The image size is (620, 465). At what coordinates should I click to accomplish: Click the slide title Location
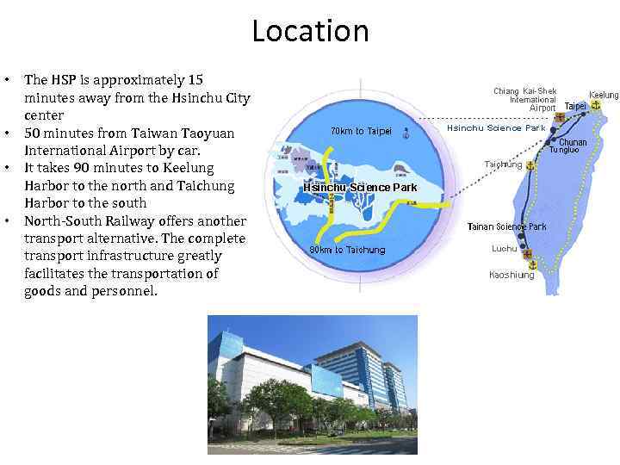[310, 32]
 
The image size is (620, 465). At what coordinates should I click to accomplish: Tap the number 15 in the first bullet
[195, 79]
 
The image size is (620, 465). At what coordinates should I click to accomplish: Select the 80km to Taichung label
[347, 250]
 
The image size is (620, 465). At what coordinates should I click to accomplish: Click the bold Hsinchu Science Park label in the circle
[360, 188]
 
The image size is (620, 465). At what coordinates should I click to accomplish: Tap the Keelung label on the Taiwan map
[604, 94]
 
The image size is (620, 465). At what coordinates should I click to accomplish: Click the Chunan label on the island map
[573, 142]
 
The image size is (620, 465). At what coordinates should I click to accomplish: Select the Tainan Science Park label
[506, 227]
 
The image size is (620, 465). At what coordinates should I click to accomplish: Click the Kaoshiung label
[512, 276]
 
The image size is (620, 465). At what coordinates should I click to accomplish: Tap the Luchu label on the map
[504, 249]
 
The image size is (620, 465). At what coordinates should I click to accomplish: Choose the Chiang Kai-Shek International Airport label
[524, 100]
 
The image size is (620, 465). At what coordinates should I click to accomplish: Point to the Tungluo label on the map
[565, 151]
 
